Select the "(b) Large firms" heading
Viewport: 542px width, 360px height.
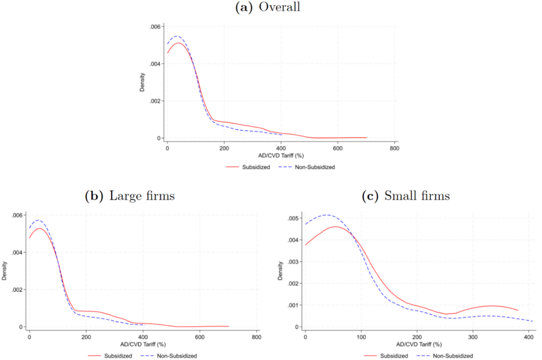pos(130,196)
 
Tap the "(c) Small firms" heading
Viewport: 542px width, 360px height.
pos(405,196)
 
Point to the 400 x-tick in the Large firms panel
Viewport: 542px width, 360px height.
pos(143,338)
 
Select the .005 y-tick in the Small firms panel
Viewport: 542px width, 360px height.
pos(292,218)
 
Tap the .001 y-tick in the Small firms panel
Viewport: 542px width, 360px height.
pos(292,305)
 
